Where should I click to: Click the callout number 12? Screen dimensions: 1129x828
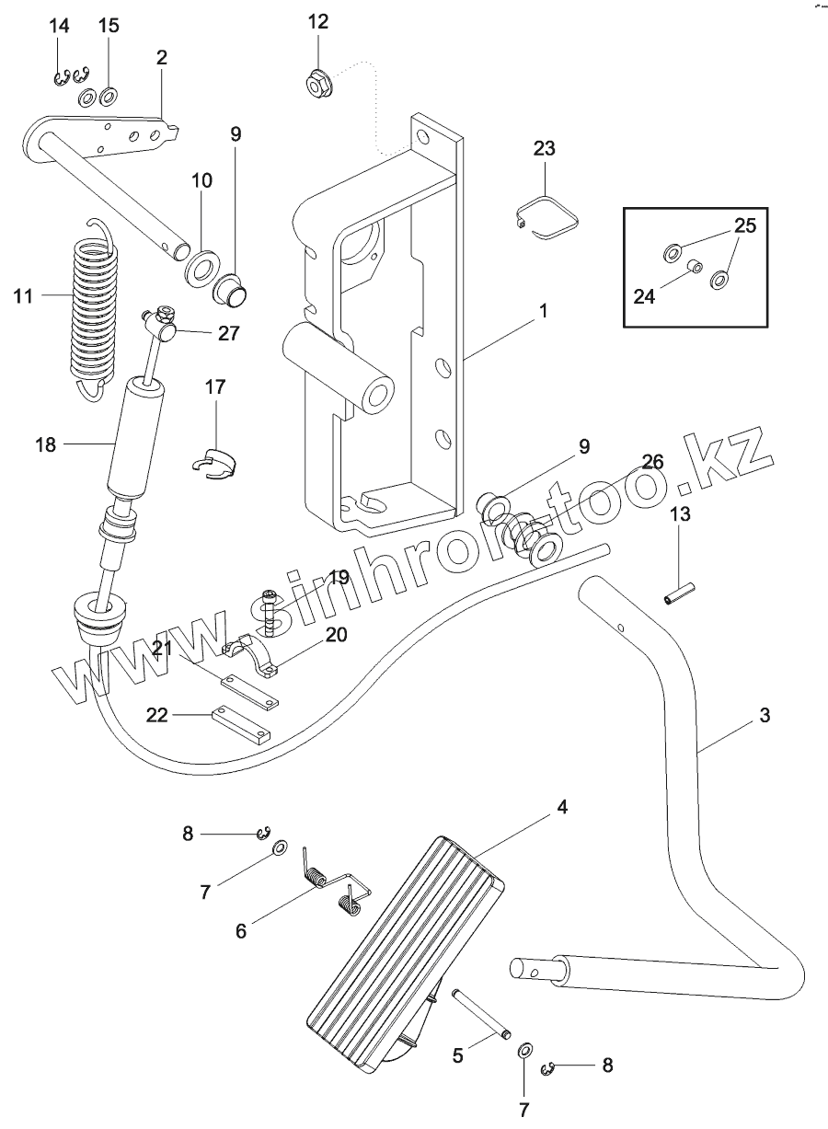point(317,21)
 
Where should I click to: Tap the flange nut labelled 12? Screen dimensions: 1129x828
point(317,85)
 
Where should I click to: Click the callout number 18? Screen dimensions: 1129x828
point(45,445)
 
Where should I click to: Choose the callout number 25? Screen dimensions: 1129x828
point(744,225)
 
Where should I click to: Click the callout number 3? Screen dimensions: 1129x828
point(765,714)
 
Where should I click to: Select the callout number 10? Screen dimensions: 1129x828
point(202,180)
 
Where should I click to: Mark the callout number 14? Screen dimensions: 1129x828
point(59,26)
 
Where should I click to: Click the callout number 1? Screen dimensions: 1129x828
point(544,311)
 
